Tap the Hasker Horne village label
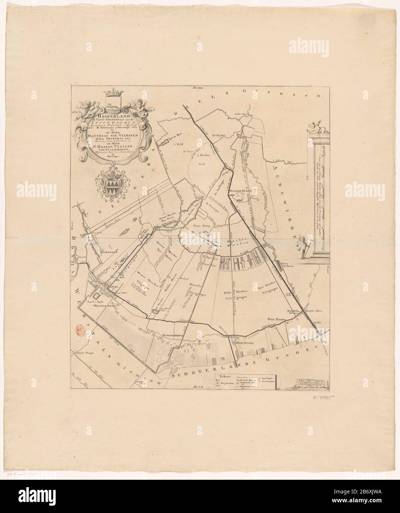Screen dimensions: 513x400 tap(170, 335)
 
